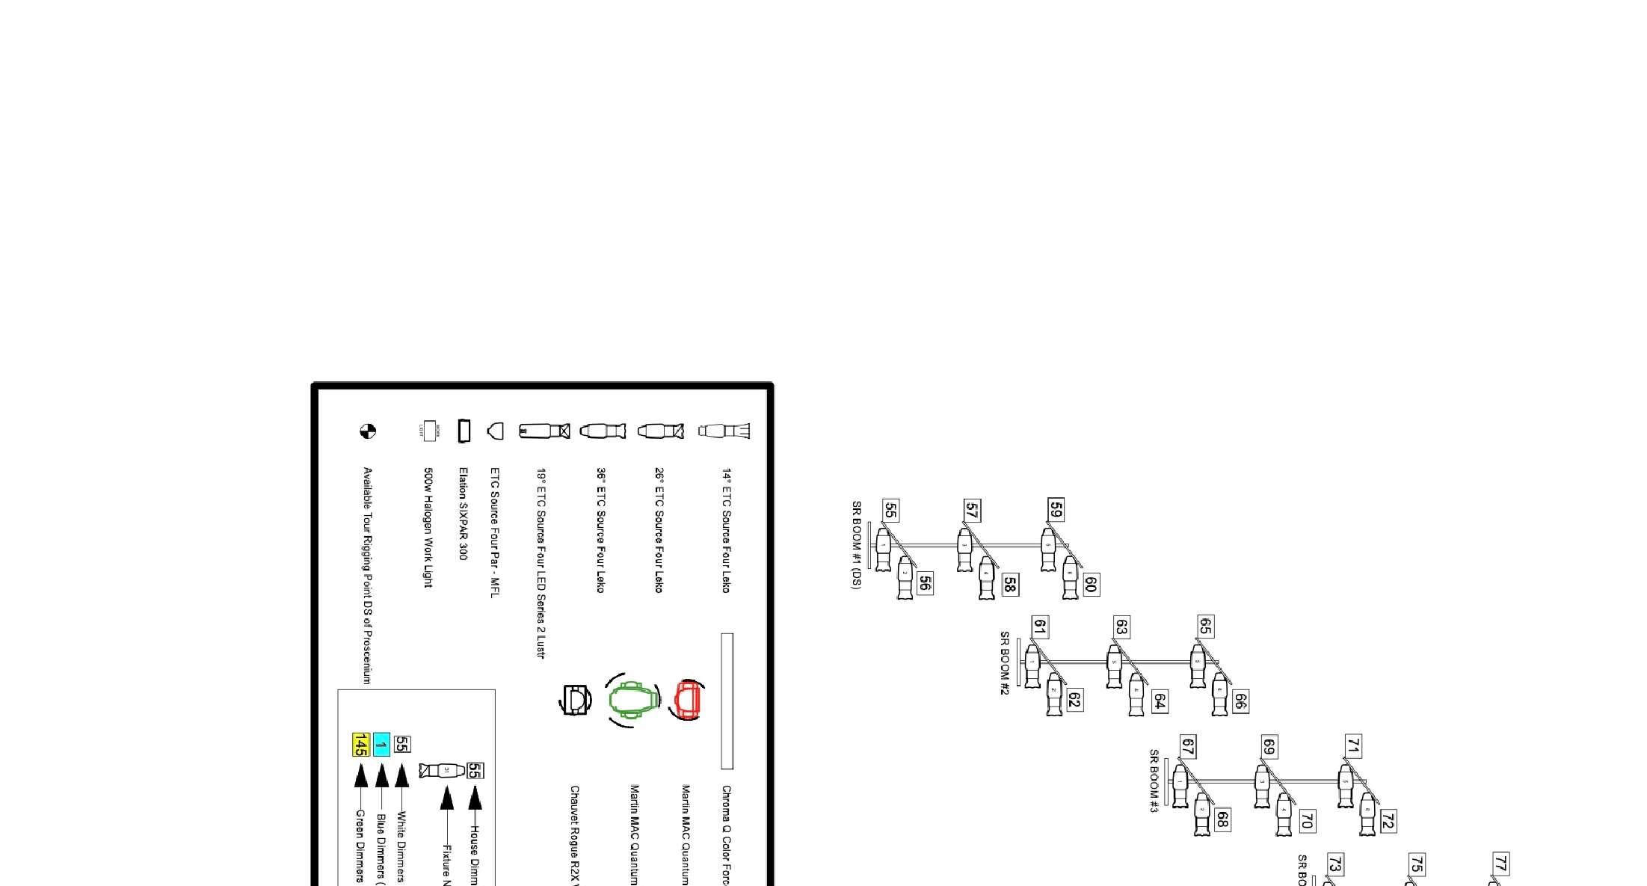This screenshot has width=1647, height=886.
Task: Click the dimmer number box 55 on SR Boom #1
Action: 890,511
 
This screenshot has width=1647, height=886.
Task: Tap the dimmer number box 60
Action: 1090,584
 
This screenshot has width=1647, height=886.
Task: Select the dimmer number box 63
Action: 1121,627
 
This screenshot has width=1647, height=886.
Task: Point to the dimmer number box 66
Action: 1240,701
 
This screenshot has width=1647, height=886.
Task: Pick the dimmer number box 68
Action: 1222,819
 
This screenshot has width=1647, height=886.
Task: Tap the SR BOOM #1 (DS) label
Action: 857,545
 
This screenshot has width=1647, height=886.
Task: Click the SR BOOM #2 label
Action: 1005,663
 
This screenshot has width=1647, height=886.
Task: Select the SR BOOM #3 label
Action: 1154,781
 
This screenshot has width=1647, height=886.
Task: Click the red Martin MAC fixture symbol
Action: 688,700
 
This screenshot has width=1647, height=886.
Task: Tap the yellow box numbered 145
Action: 361,745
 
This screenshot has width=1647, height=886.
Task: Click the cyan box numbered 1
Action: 381,745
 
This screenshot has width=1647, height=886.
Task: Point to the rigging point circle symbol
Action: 368,431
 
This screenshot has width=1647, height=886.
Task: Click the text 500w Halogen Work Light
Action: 428,528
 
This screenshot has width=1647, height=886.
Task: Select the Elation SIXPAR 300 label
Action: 464,514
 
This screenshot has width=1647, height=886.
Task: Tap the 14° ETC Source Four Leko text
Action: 726,531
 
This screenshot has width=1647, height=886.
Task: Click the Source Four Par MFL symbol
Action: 495,431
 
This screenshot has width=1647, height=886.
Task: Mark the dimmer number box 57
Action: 971,511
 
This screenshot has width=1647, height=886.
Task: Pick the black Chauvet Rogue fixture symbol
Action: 575,700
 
